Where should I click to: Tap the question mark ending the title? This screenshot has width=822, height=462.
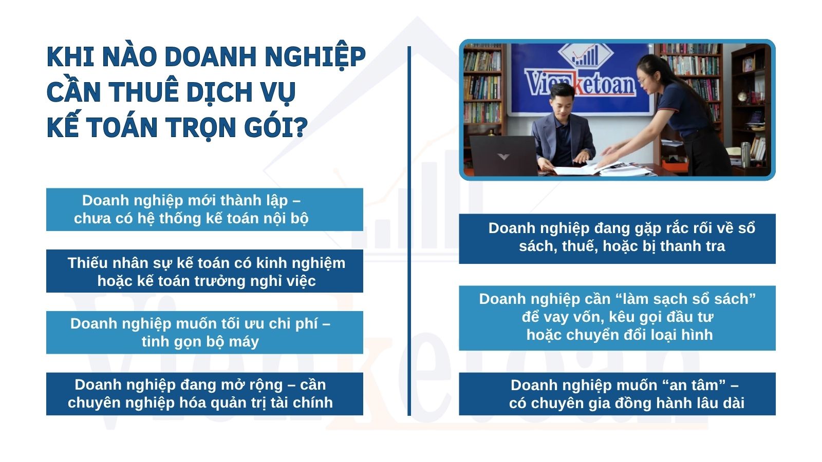(301, 126)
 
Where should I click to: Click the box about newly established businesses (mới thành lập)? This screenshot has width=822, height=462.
(204, 209)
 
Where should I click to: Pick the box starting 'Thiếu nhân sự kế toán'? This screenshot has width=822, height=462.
(204, 271)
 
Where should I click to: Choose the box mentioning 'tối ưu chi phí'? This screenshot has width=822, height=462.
(204, 332)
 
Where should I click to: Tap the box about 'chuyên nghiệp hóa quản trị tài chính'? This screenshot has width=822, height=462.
(204, 394)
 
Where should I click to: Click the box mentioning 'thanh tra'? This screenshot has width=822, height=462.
(617, 239)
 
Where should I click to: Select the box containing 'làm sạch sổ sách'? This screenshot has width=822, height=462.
(617, 318)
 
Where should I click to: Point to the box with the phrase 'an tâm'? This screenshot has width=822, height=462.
(617, 394)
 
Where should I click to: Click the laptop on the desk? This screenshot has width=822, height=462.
(503, 156)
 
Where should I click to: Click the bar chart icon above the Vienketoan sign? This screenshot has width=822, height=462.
(585, 56)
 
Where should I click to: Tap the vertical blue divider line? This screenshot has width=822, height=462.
(409, 231)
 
